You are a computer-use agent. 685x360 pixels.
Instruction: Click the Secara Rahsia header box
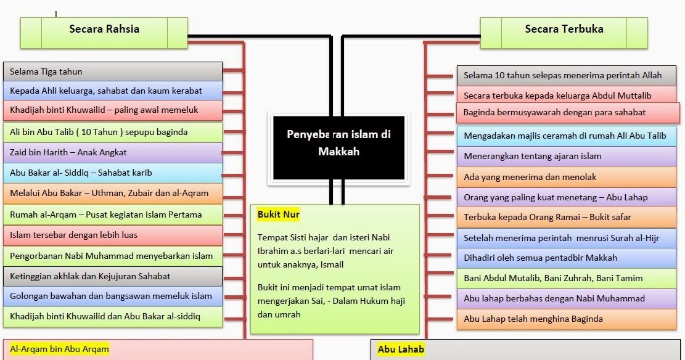104,33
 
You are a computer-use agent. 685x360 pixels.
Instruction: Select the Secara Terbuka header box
564,33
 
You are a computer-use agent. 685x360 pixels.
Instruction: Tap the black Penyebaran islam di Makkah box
338,148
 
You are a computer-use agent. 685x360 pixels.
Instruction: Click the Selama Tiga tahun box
113,72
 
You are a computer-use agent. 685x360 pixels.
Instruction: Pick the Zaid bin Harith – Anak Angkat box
113,152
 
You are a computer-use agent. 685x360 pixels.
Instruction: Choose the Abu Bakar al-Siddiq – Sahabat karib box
113,173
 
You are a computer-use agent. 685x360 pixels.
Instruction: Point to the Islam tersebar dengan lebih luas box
113,235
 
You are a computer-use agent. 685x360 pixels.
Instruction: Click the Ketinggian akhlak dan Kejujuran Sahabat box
113,276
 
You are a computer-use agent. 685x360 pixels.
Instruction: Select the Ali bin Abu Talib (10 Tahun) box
113,132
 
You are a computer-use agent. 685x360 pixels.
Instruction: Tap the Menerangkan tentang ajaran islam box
567,156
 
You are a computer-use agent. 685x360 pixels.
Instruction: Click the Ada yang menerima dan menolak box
567,177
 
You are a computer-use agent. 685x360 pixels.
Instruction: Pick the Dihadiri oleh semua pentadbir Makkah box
567,258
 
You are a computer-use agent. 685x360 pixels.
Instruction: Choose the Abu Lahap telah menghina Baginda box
567,319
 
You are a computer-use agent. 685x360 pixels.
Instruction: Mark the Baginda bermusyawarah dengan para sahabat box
568,112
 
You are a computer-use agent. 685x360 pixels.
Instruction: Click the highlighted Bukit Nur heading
278,215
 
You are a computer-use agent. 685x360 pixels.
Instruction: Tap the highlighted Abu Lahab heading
401,349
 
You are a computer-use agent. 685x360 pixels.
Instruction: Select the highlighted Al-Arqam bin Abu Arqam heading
59,349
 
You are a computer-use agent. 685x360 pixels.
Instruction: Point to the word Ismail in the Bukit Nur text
329,264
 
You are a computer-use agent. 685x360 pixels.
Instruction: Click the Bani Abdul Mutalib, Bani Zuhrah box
567,278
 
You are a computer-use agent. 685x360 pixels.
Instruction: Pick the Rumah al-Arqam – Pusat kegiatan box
113,215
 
